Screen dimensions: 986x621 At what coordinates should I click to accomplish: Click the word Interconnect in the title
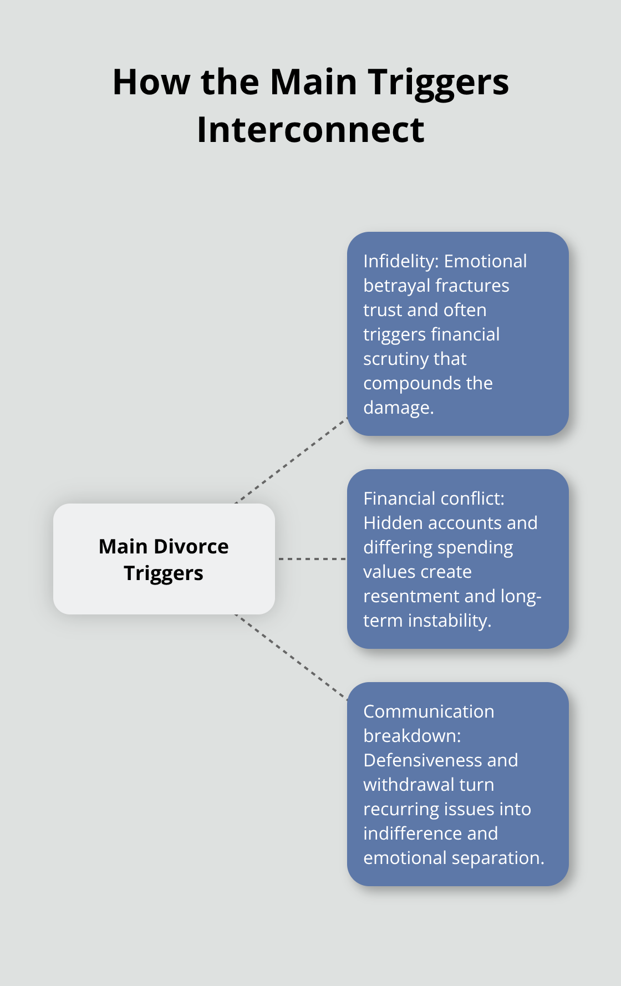click(x=310, y=130)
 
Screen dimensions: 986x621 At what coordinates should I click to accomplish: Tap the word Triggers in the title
click(x=438, y=82)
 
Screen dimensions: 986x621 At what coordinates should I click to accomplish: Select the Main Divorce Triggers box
click(x=164, y=559)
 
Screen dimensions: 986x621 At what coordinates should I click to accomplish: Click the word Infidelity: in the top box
click(x=401, y=261)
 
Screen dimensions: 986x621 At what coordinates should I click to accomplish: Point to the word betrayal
click(x=396, y=286)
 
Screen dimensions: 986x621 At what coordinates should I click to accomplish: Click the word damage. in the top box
click(x=398, y=408)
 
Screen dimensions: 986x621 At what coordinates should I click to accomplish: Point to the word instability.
click(x=450, y=621)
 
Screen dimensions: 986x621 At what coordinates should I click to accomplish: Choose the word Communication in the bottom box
click(x=429, y=711)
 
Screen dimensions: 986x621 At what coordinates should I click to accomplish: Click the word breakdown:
click(x=412, y=736)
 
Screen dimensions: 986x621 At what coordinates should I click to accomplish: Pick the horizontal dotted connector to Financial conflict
click(x=311, y=559)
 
